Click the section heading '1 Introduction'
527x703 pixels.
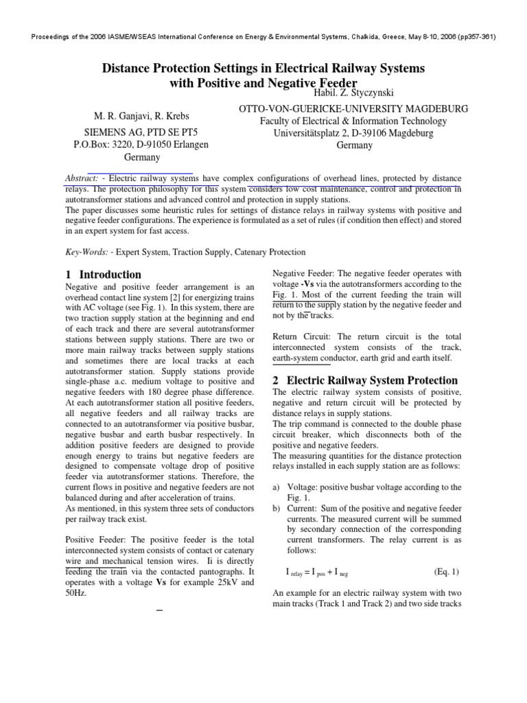(102, 275)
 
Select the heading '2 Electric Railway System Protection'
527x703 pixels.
(365, 380)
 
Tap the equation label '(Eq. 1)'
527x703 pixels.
(447, 572)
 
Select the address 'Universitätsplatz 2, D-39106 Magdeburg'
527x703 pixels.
(353, 133)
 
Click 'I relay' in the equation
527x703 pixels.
(298, 573)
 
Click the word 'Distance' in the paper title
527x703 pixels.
(131, 69)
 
